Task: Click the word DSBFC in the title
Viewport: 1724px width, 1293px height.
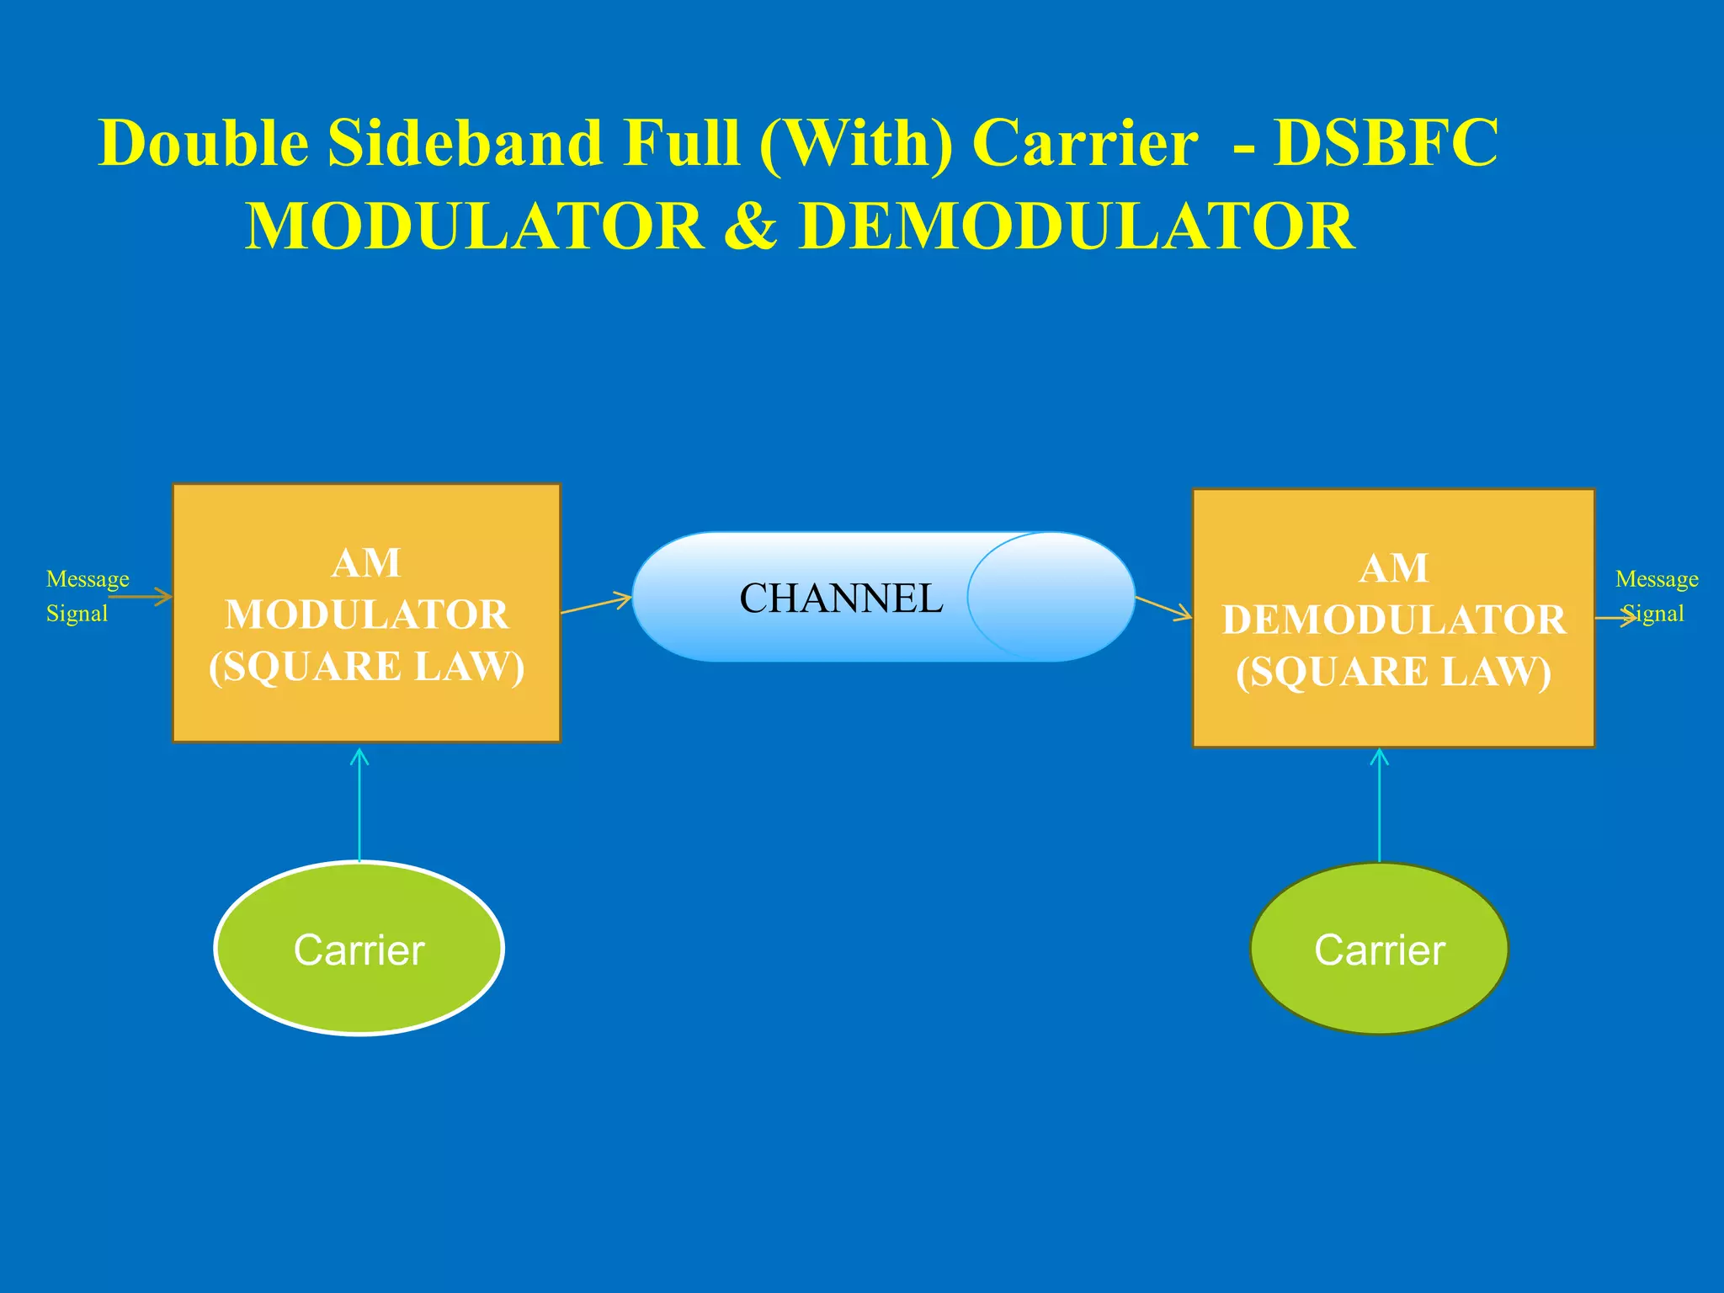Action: tap(1386, 143)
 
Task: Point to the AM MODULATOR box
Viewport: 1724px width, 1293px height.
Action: tap(366, 613)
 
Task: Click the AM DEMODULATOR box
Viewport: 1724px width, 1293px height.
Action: tap(1393, 618)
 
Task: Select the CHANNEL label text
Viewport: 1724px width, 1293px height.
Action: tap(841, 599)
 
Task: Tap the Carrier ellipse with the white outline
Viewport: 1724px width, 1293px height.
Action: tap(359, 949)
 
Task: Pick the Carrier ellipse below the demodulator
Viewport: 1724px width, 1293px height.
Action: tap(1379, 949)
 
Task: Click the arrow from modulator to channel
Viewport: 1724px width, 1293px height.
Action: tap(596, 604)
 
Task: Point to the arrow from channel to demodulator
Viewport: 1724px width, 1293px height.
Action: tap(1163, 608)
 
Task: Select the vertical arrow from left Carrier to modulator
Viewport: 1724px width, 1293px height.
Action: tap(359, 804)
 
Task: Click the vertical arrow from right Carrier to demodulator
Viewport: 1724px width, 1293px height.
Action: tap(1379, 804)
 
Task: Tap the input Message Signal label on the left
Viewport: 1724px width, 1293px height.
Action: tap(87, 595)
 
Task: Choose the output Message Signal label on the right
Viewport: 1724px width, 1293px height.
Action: tap(1655, 595)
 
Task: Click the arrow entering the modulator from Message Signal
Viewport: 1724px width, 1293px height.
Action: tap(141, 598)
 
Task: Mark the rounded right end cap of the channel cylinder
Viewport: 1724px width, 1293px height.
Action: tap(1052, 597)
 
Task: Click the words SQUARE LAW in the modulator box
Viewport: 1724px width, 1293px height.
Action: tap(366, 667)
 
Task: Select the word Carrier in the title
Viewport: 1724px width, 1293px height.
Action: tap(1084, 143)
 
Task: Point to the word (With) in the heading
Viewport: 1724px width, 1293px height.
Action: tap(855, 143)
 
